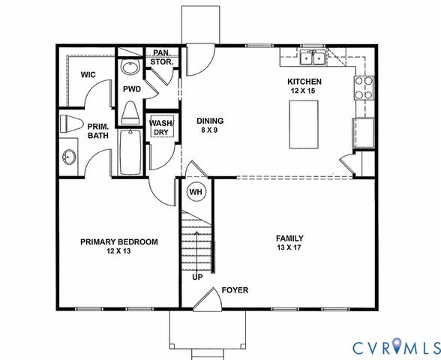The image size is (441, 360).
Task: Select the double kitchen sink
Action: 311,58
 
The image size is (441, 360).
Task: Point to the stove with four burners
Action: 364,88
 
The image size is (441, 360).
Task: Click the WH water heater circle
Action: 196,192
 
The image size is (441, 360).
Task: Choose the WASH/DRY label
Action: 161,127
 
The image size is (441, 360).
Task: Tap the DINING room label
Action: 210,121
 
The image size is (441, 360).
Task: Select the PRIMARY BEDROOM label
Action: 119,241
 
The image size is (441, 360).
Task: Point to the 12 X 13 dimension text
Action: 119,252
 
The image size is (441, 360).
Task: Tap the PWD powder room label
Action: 132,88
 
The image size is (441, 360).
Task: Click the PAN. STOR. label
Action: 161,58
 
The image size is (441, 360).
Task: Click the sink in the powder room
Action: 130,68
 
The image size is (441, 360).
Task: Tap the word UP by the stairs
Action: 198,277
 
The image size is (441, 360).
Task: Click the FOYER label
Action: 234,290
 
